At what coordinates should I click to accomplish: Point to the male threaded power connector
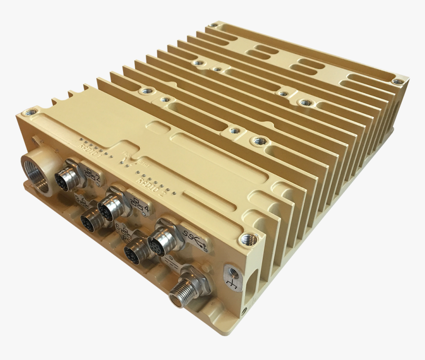(181, 293)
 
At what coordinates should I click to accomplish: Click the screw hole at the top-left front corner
(30, 113)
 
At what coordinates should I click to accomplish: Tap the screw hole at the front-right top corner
(249, 240)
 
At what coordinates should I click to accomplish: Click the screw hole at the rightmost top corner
(397, 81)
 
